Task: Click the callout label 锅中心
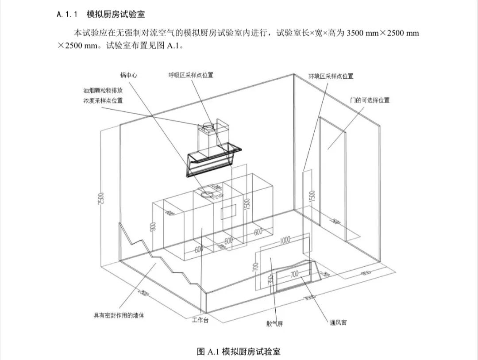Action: [x=128, y=75]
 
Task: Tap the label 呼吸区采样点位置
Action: [x=190, y=75]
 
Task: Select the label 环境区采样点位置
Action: [x=331, y=76]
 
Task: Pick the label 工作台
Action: [x=200, y=320]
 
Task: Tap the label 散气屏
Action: [x=274, y=324]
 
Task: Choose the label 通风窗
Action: [x=338, y=322]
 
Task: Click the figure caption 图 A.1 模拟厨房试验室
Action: [x=239, y=352]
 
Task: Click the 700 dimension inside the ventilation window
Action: [x=295, y=275]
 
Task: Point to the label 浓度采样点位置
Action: [x=103, y=100]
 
